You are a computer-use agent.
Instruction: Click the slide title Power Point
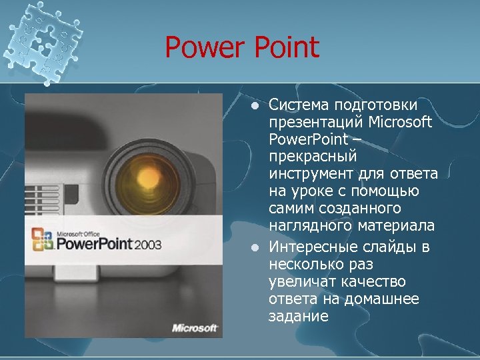[x=242, y=48]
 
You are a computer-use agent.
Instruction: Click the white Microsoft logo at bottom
[x=195, y=327]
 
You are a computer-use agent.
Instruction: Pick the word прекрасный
[x=313, y=157]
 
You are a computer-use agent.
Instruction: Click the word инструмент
[x=309, y=174]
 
